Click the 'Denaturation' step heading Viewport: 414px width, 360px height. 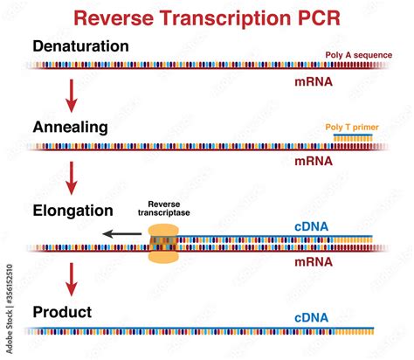pos(80,45)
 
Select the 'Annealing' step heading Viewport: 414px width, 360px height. pos(70,127)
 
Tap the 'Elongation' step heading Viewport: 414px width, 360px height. pos(73,211)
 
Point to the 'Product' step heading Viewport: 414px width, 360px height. pos(61,311)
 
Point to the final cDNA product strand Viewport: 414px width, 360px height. pos(201,332)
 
